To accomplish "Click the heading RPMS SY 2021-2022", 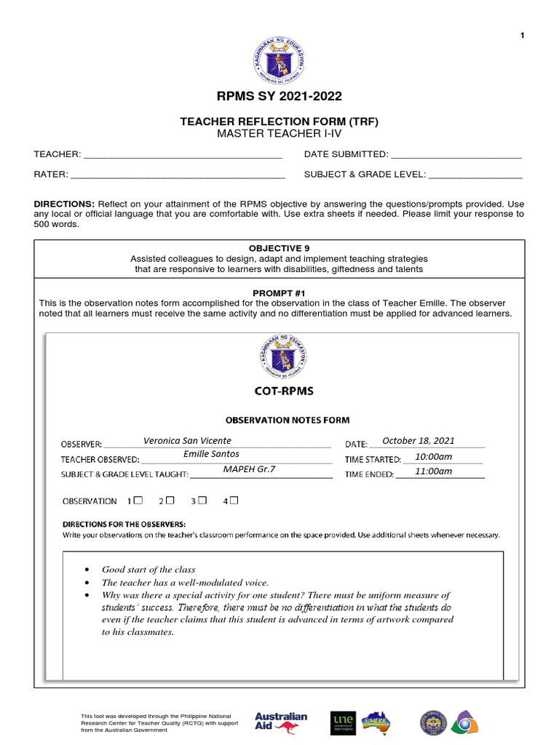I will click(x=279, y=96).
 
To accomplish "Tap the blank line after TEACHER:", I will click(x=183, y=155).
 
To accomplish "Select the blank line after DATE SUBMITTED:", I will click(x=456, y=155).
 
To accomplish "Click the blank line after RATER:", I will click(x=178, y=175).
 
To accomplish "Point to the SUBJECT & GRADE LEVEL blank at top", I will click(x=475, y=175).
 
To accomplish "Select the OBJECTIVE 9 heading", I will click(x=279, y=248).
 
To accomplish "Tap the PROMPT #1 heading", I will click(x=279, y=292).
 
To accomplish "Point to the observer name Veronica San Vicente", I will click(x=187, y=441).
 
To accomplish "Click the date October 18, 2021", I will click(x=418, y=441).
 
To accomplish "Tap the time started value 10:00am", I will click(x=433, y=456).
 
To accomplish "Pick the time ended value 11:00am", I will click(x=433, y=471).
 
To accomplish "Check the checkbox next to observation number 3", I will click(x=203, y=501).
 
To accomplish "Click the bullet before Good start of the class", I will click(x=87, y=570).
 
